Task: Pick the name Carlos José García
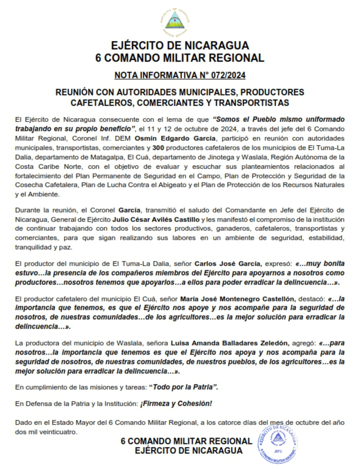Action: [x=227, y=264]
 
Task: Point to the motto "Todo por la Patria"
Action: [x=183, y=387]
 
